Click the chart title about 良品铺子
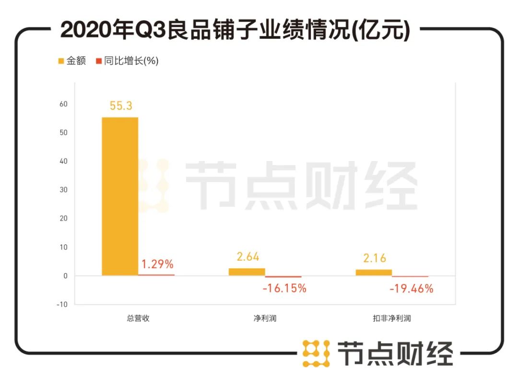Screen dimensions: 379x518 click(x=235, y=30)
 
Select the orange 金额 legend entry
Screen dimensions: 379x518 click(x=72, y=61)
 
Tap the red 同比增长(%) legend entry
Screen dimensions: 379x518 click(x=127, y=61)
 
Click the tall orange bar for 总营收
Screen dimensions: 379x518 click(x=120, y=196)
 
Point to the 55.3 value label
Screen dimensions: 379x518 click(x=121, y=106)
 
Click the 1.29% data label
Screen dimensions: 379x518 click(x=157, y=264)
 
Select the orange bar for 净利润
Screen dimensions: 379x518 click(x=247, y=272)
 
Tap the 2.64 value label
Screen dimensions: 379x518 click(x=247, y=257)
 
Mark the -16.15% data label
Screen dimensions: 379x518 click(x=284, y=288)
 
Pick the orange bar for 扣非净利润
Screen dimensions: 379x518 click(x=374, y=272)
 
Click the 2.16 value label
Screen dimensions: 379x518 click(x=375, y=258)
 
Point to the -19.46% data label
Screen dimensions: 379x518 click(x=412, y=288)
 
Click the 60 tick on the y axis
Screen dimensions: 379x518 click(x=63, y=104)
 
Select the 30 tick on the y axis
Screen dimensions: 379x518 click(x=63, y=190)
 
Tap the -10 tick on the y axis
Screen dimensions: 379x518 click(x=62, y=304)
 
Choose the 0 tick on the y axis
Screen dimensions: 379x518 click(x=66, y=276)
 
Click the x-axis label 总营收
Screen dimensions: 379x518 click(x=138, y=318)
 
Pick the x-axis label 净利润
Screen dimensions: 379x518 click(x=265, y=318)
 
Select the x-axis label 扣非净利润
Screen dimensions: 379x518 click(x=392, y=318)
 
